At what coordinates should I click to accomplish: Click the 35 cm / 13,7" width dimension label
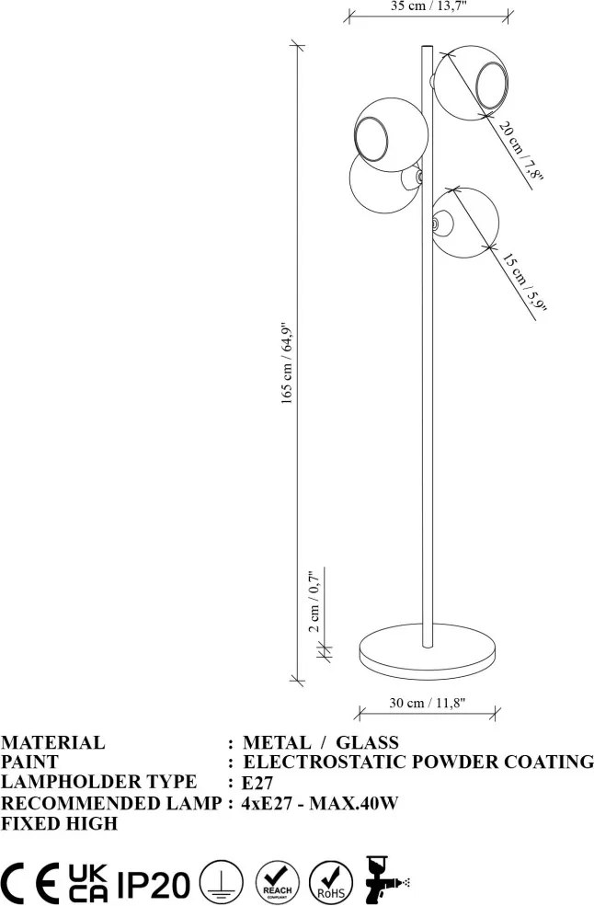pos(428,6)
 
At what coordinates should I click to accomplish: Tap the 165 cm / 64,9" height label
pos(288,363)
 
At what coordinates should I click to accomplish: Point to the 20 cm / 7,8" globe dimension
pos(520,151)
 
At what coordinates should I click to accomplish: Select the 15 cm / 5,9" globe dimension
pos(523,281)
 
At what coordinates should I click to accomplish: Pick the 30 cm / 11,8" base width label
pos(427,703)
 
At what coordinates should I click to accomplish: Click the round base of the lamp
pos(428,652)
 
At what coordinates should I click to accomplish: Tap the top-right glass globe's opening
pos(492,86)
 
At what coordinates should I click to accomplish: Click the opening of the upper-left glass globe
pos(371,138)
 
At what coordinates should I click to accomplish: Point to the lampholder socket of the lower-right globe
pos(441,222)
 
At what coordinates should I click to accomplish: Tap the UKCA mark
pos(87,884)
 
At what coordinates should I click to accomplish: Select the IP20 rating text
pos(154,884)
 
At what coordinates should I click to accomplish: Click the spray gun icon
pos(385,878)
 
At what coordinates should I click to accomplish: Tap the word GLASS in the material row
pos(368,742)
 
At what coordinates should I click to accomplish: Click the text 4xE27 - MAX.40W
pos(320,803)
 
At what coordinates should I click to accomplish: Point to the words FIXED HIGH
pos(59,823)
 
